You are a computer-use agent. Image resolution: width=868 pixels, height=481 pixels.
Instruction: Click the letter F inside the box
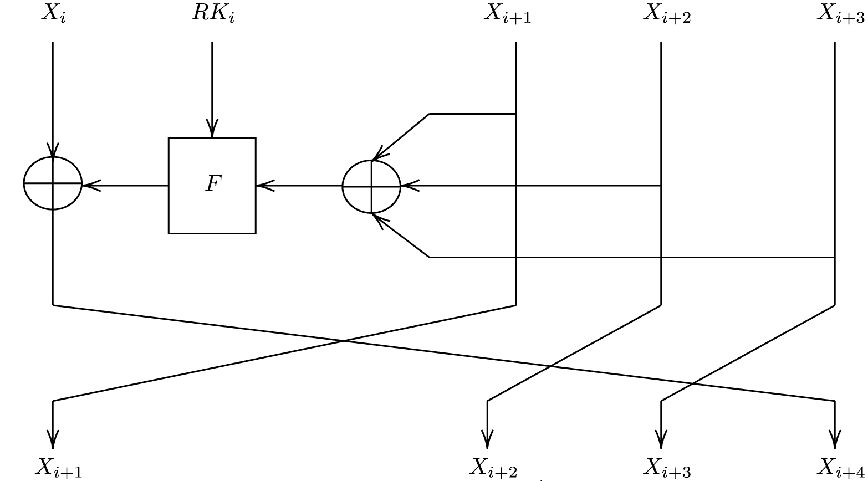212,184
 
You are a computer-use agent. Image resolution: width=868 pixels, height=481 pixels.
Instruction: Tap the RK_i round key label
213,14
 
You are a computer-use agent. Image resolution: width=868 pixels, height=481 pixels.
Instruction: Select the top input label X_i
54,14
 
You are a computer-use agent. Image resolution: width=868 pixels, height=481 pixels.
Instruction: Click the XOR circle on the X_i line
53,183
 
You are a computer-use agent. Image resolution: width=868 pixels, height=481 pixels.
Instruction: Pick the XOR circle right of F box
371,187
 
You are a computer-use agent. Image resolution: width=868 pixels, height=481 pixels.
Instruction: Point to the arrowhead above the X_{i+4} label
834,439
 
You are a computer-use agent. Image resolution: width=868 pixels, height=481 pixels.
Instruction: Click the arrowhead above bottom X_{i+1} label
53,439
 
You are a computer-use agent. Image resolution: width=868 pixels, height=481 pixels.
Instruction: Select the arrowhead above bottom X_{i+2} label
487,439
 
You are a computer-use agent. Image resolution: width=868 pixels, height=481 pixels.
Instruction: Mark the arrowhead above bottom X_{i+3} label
661,439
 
